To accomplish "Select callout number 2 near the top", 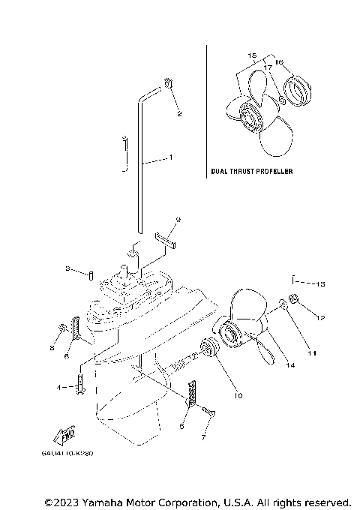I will click(x=179, y=114).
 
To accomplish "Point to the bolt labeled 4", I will click(x=81, y=388).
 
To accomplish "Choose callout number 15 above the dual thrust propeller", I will click(x=251, y=56).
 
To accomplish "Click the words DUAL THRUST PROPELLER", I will click(x=251, y=172).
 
